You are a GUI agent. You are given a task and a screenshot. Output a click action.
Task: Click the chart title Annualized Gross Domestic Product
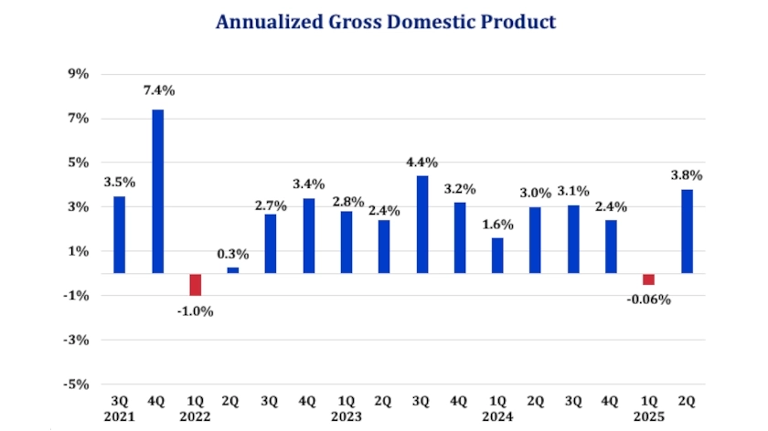point(385,22)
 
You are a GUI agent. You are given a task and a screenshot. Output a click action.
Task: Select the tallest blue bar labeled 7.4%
point(157,191)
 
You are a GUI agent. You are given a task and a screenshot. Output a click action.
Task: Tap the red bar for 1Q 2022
point(195,284)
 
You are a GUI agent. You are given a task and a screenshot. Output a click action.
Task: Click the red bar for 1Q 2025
point(648,279)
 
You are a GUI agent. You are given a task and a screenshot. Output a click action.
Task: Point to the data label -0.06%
point(648,300)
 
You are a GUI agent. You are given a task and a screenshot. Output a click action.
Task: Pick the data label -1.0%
point(195,310)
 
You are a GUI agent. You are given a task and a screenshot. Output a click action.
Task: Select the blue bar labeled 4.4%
point(421,224)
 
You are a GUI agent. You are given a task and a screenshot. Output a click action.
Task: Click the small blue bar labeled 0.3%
point(233,269)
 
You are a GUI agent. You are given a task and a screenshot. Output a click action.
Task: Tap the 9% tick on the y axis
point(77,74)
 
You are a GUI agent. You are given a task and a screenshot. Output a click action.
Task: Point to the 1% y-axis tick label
point(77,251)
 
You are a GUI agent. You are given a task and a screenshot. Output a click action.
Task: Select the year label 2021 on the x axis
point(119,417)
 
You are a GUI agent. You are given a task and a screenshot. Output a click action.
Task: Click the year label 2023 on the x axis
point(346,417)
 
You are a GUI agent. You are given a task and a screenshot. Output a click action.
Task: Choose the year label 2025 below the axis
point(648,417)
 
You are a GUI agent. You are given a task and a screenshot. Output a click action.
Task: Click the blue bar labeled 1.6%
point(497,255)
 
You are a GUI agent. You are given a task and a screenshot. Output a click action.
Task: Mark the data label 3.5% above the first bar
point(119,181)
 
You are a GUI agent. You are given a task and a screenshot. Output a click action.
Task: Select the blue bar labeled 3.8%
point(687,231)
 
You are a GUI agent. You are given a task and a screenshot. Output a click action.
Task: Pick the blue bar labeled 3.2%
point(459,237)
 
